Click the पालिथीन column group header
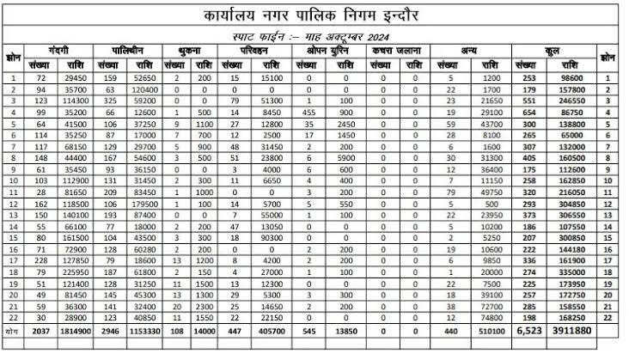pos(131,52)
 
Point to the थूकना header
pos(191,52)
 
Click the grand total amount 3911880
pos(572,330)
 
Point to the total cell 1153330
pos(144,330)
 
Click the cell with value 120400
pos(144,88)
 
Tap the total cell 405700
pos(271,330)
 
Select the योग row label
pos(12,330)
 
